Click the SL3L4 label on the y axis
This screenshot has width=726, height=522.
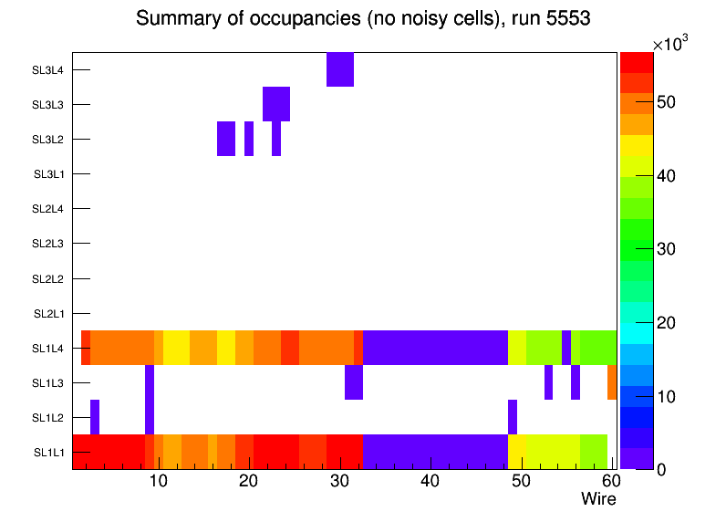[48, 70]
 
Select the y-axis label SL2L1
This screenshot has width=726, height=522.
[48, 314]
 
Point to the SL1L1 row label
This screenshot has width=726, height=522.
[48, 453]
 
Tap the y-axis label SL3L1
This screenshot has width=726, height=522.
[48, 174]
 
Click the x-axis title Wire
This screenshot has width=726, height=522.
[598, 499]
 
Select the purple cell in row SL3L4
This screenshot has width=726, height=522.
[339, 69]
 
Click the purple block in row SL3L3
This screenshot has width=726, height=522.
[276, 104]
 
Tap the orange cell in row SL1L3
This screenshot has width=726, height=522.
[612, 382]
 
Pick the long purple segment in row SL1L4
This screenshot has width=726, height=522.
[435, 348]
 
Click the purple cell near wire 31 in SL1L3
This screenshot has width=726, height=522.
[354, 382]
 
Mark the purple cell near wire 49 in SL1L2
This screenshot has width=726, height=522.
[513, 417]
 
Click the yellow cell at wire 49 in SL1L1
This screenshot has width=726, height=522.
[516, 452]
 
